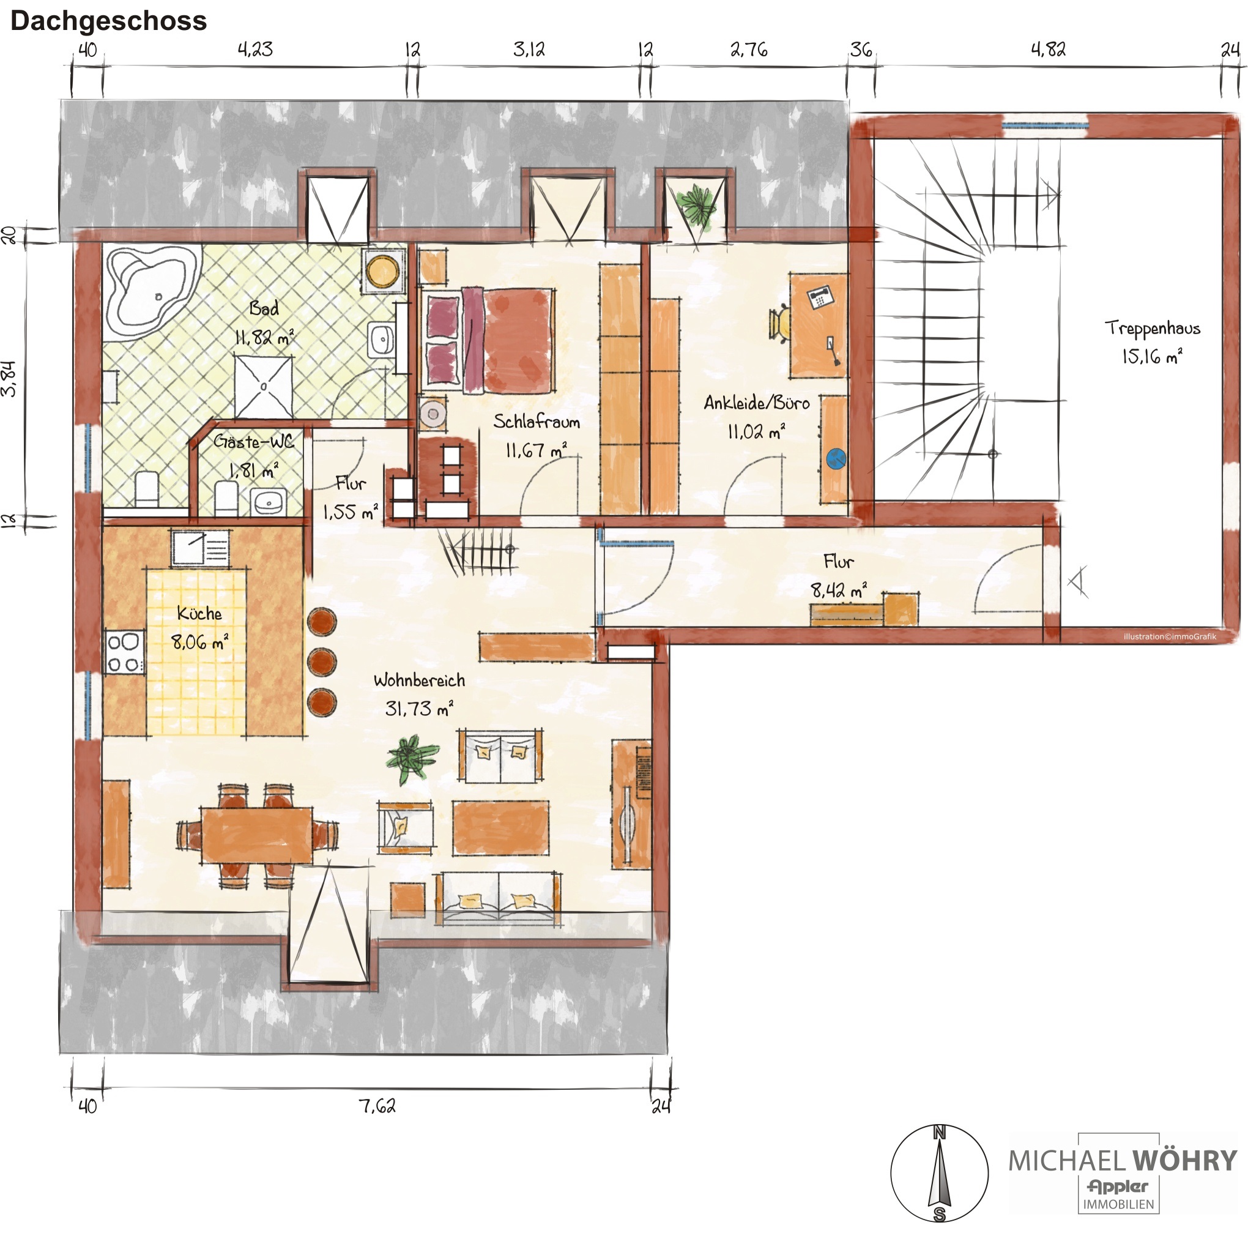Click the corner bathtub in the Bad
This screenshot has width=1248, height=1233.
151,292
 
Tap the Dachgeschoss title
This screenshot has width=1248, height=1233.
108,21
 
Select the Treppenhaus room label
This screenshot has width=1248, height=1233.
1152,328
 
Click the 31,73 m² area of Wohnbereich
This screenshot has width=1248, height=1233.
418,708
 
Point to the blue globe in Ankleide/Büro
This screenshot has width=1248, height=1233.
836,459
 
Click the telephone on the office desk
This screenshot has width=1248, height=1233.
820,297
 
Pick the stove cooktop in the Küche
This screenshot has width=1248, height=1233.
124,653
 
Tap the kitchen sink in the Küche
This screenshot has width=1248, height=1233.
200,549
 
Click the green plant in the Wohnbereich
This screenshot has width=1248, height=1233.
412,758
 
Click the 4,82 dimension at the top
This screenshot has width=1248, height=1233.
1048,49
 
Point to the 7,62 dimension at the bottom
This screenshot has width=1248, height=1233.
377,1106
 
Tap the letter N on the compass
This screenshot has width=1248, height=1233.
939,1132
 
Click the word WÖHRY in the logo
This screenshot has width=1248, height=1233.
1185,1161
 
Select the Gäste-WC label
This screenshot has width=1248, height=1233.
253,442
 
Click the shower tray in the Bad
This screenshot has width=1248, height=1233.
264,387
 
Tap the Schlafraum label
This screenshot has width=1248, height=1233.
536,422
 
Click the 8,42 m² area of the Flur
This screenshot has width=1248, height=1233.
839,590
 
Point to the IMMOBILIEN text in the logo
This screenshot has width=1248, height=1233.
1118,1205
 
